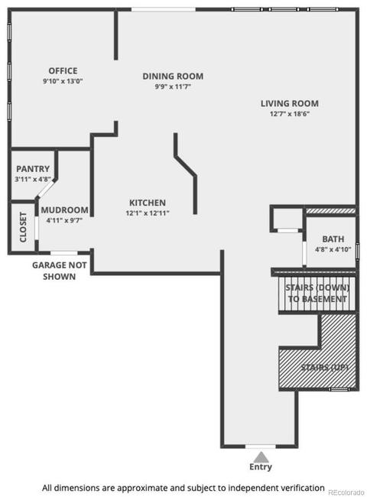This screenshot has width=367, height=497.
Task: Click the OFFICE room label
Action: point(63,70)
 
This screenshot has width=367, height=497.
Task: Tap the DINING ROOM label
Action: point(173,76)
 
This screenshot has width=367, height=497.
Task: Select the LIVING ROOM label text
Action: point(289,103)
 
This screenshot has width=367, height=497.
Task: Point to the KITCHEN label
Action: point(148,203)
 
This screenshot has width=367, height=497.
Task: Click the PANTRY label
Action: point(33,169)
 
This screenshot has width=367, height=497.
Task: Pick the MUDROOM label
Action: point(65,210)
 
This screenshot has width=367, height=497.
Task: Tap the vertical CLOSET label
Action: point(23,227)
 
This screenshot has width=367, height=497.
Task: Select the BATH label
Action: point(333,239)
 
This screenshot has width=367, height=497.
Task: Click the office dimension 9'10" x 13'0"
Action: point(63,81)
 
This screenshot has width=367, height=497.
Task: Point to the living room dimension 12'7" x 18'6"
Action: point(289,114)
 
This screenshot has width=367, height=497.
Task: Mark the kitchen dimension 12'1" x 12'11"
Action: point(148,213)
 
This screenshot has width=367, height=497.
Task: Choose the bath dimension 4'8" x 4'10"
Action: point(333,249)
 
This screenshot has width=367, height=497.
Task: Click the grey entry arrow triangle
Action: point(261,457)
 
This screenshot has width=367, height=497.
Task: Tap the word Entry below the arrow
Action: point(261,467)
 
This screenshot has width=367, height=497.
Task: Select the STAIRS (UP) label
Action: point(324,367)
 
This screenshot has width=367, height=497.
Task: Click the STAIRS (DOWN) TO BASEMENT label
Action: point(317,293)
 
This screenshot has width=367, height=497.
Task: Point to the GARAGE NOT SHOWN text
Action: point(60,271)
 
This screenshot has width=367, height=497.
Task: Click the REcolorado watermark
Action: point(346,492)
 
